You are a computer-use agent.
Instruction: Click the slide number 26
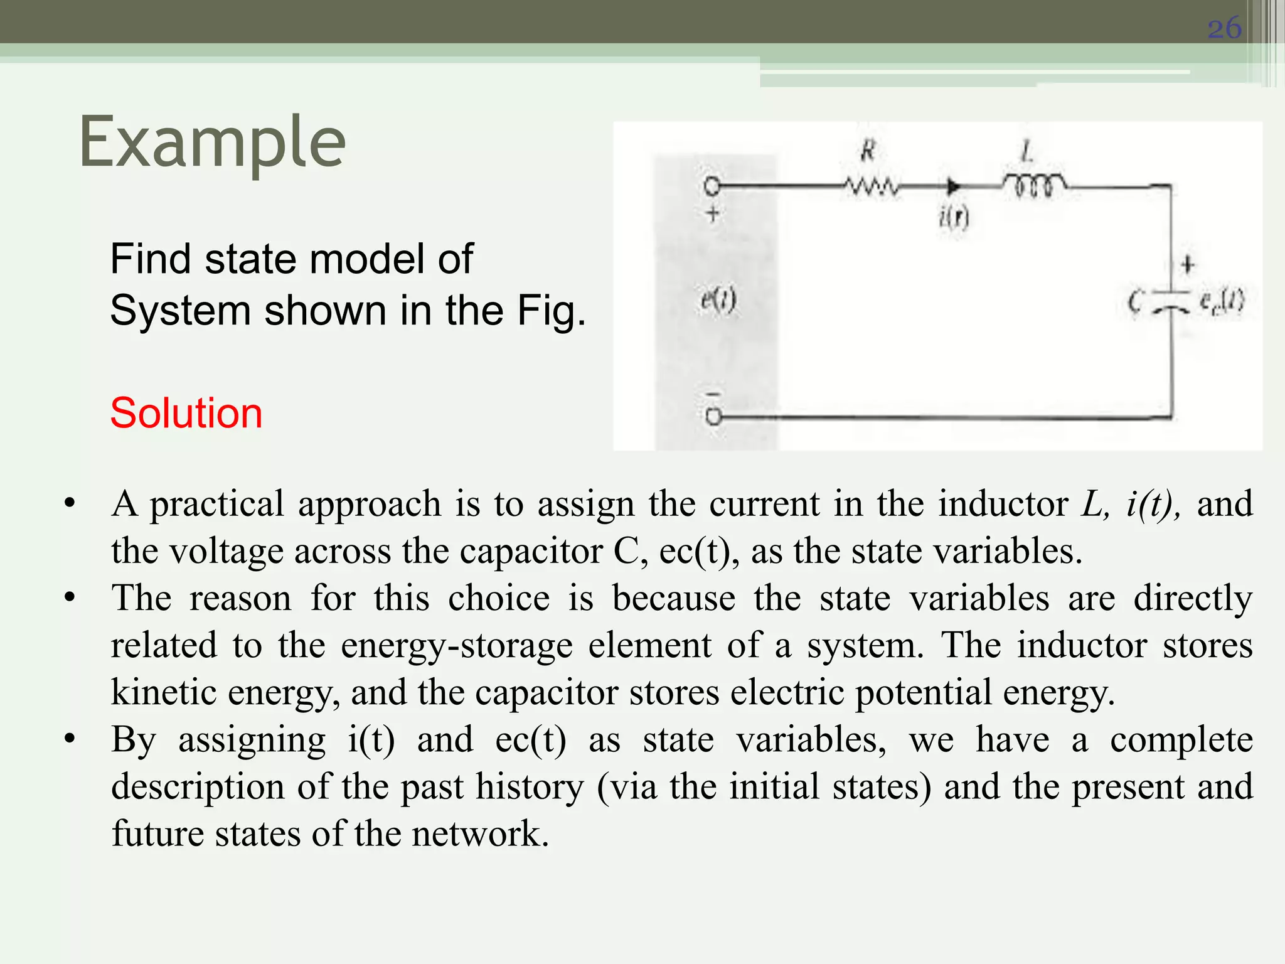1224,28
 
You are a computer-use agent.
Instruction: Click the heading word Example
212,142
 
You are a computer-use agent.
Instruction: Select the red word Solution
186,413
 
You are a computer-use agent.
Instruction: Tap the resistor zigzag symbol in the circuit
871,186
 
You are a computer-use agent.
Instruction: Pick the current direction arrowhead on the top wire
953,186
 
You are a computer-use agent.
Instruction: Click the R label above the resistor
868,151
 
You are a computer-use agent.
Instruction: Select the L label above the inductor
1026,151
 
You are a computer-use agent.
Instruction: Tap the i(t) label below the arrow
954,217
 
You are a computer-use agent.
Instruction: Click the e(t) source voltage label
718,301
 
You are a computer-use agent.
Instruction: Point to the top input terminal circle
712,186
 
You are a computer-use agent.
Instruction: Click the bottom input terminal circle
713,417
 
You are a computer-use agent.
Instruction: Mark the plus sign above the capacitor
1187,265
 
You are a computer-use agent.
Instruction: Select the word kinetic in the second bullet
164,693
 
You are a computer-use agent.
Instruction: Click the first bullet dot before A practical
70,503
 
